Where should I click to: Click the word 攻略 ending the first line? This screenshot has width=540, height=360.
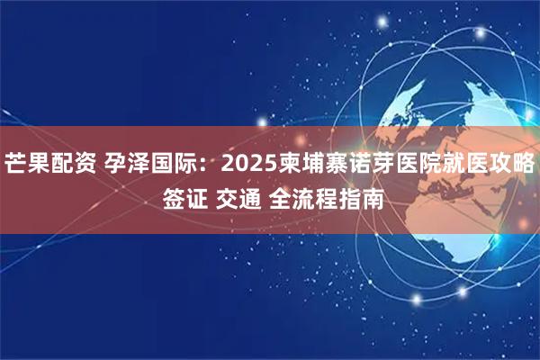point(512,165)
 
